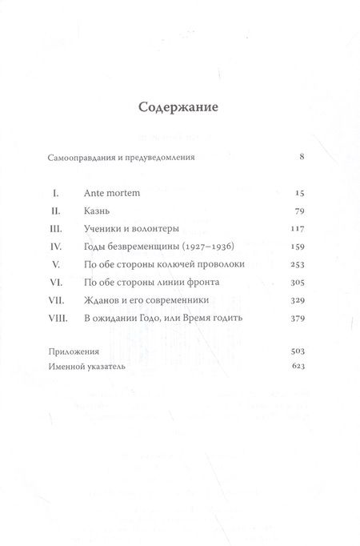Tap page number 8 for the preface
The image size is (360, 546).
pos(301,157)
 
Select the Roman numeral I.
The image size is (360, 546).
pos(55,194)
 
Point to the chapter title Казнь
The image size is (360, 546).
pos(97,212)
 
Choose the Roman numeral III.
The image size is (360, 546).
pos(54,230)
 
